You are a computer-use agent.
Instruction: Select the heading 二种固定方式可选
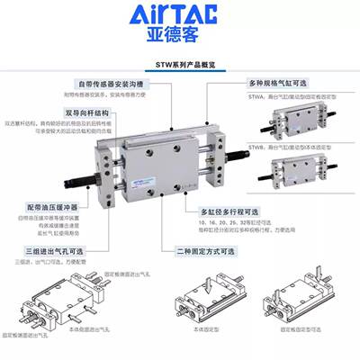click(x=215, y=256)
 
